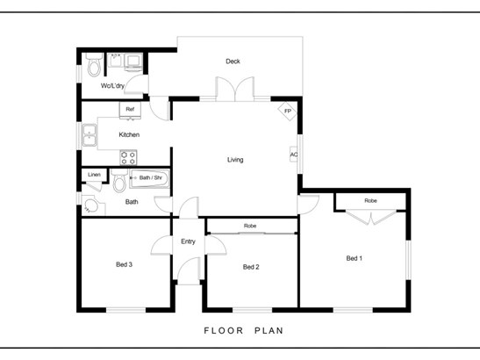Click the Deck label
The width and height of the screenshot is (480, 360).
click(x=233, y=61)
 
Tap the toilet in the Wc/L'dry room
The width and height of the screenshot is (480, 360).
click(x=94, y=64)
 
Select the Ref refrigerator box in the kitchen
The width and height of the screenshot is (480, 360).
click(x=130, y=110)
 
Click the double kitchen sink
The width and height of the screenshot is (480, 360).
click(x=90, y=135)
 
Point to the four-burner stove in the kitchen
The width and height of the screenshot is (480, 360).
click(x=128, y=157)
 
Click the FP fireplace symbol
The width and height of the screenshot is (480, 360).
click(x=288, y=111)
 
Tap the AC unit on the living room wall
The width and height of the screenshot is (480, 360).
click(x=293, y=155)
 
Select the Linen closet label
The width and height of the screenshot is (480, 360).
click(x=94, y=175)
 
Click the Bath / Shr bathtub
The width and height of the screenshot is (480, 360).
click(x=149, y=178)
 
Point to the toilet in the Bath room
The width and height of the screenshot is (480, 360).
click(x=119, y=181)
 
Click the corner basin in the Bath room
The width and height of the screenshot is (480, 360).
click(x=91, y=205)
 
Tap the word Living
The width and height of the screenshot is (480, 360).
click(x=235, y=160)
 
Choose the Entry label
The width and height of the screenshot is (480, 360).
click(x=188, y=241)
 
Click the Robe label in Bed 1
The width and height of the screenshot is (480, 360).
click(x=370, y=201)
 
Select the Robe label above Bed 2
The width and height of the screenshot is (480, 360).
click(x=250, y=226)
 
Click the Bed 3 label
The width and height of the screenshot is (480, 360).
click(x=124, y=264)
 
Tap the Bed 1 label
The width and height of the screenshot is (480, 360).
click(x=355, y=258)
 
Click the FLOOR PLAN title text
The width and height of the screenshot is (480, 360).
click(x=244, y=331)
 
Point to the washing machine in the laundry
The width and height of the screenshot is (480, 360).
click(x=133, y=62)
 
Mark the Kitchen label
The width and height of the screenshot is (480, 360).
click(x=129, y=134)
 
